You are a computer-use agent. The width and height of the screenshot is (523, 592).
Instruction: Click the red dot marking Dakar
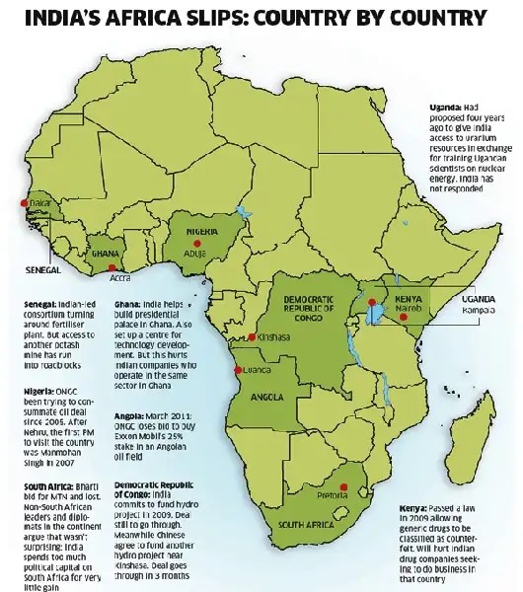coord(20,203)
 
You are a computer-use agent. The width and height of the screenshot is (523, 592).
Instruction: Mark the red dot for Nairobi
coord(372,300)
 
